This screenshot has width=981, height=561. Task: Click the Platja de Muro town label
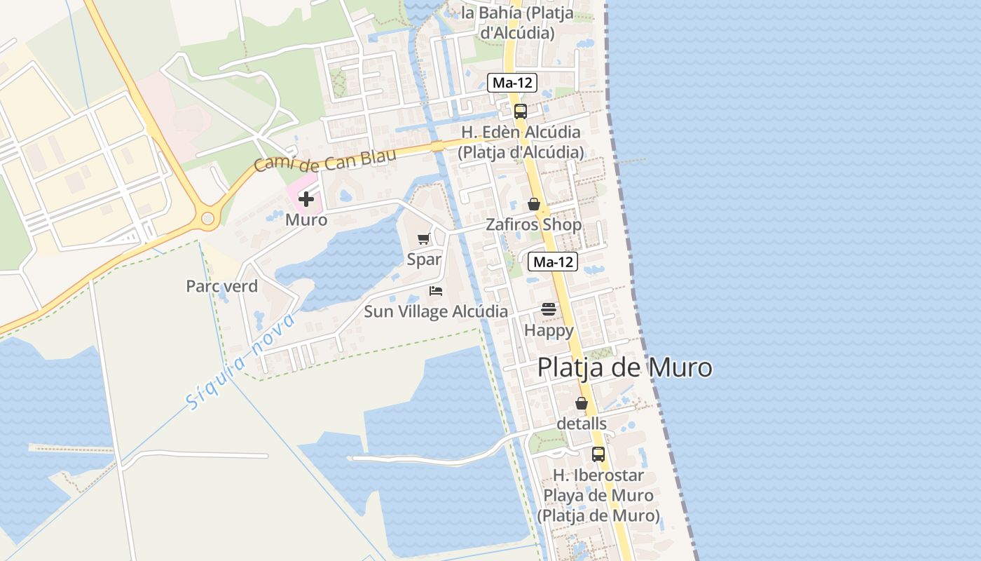coord(624,367)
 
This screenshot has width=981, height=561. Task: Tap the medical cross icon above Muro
coord(306,199)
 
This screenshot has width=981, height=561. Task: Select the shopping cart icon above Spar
coord(423,239)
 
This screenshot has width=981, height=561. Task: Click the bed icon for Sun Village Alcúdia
coord(436,290)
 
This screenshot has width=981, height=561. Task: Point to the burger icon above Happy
coord(548,309)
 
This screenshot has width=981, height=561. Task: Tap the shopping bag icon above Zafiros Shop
coord(534,204)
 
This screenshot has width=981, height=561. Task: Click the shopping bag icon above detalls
coord(582,403)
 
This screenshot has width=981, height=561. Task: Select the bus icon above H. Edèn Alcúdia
coord(520,111)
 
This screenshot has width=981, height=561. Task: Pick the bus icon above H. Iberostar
coord(598,454)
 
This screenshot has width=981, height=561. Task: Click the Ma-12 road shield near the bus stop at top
coord(513,83)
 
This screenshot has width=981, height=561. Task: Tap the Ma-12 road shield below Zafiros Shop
coord(554,262)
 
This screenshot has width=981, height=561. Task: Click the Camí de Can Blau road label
coord(324,160)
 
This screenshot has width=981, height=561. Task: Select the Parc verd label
coord(221,286)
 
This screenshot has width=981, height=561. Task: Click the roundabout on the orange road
coord(207,219)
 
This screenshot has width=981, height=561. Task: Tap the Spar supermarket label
coord(424,259)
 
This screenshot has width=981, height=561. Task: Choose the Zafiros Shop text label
coord(534,224)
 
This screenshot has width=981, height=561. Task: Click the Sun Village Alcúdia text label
coord(436,311)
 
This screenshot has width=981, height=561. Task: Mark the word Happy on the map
coord(549,330)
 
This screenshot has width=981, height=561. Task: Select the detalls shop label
coord(582,424)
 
